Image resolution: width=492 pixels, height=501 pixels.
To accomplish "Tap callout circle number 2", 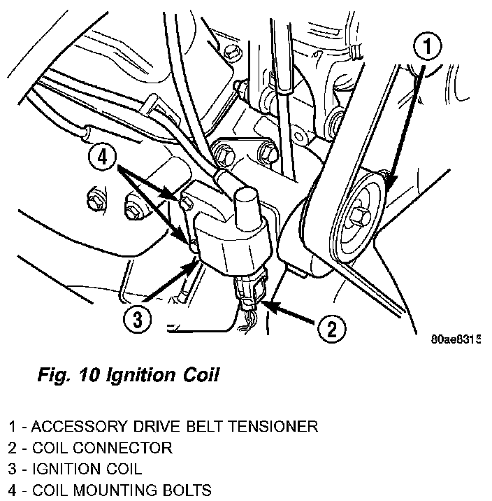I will point(331,327).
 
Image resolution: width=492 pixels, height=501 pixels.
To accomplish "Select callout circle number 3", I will point(137,320).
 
